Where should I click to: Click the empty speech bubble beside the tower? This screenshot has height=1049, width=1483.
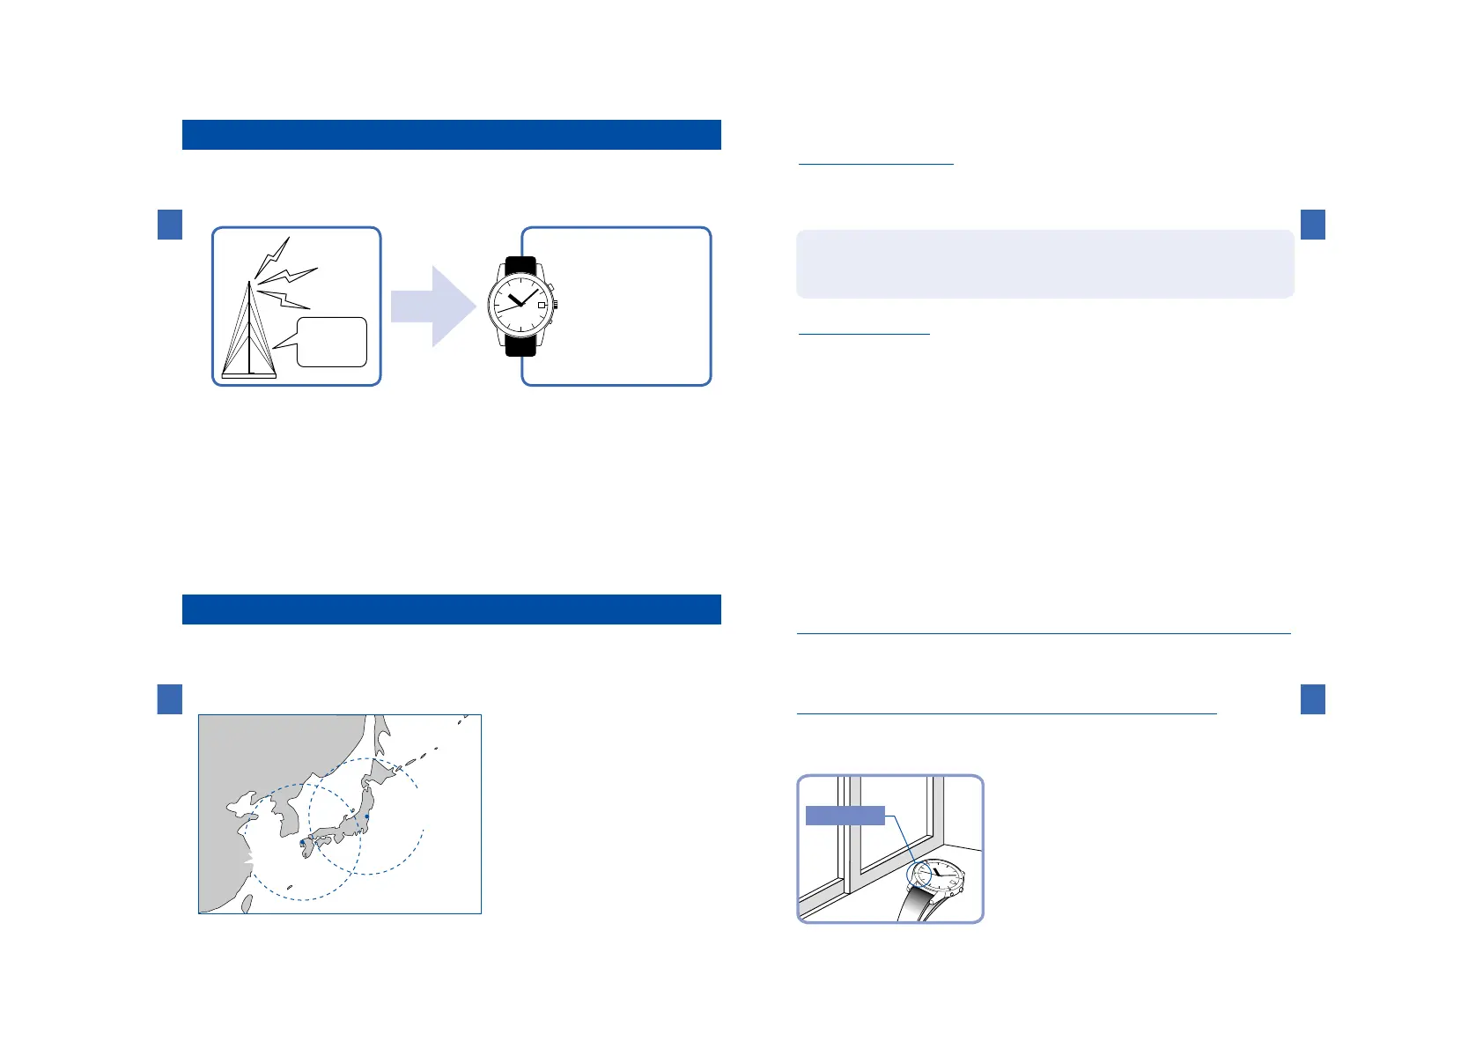pos(332,342)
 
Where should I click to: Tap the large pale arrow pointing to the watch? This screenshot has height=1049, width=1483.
pos(432,307)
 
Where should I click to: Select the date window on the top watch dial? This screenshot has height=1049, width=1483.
pos(542,304)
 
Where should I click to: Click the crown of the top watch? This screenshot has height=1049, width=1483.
pos(556,306)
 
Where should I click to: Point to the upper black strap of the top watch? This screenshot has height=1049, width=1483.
pos(520,265)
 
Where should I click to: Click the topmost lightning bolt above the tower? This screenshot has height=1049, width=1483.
pos(272,255)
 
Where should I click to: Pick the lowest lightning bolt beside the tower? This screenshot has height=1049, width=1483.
pos(284,299)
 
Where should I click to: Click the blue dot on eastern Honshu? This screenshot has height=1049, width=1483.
pos(367,816)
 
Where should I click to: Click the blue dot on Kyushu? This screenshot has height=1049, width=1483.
pos(302,843)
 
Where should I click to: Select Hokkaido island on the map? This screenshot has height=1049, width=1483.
pos(383,775)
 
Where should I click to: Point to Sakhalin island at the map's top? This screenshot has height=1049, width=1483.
pos(381,733)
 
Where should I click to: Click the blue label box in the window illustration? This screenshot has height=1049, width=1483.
pos(845,816)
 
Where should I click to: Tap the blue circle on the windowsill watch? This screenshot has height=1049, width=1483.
pos(919,874)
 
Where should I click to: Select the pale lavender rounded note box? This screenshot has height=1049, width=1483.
pos(1044,264)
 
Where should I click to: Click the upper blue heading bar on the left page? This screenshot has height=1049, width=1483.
pos(451,135)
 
